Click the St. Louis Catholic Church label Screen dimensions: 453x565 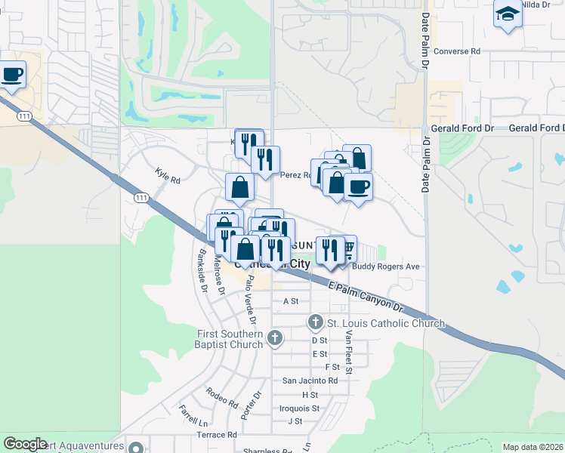385,324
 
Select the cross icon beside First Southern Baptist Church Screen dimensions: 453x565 275,337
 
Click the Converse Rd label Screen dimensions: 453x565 458,51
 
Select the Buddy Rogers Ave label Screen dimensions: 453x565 387,267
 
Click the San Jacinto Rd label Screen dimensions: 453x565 310,381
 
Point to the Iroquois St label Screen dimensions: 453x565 299,408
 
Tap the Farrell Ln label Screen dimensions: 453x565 193,415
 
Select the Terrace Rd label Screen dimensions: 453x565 216,435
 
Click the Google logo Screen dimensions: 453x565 25,444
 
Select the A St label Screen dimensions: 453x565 291,300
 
